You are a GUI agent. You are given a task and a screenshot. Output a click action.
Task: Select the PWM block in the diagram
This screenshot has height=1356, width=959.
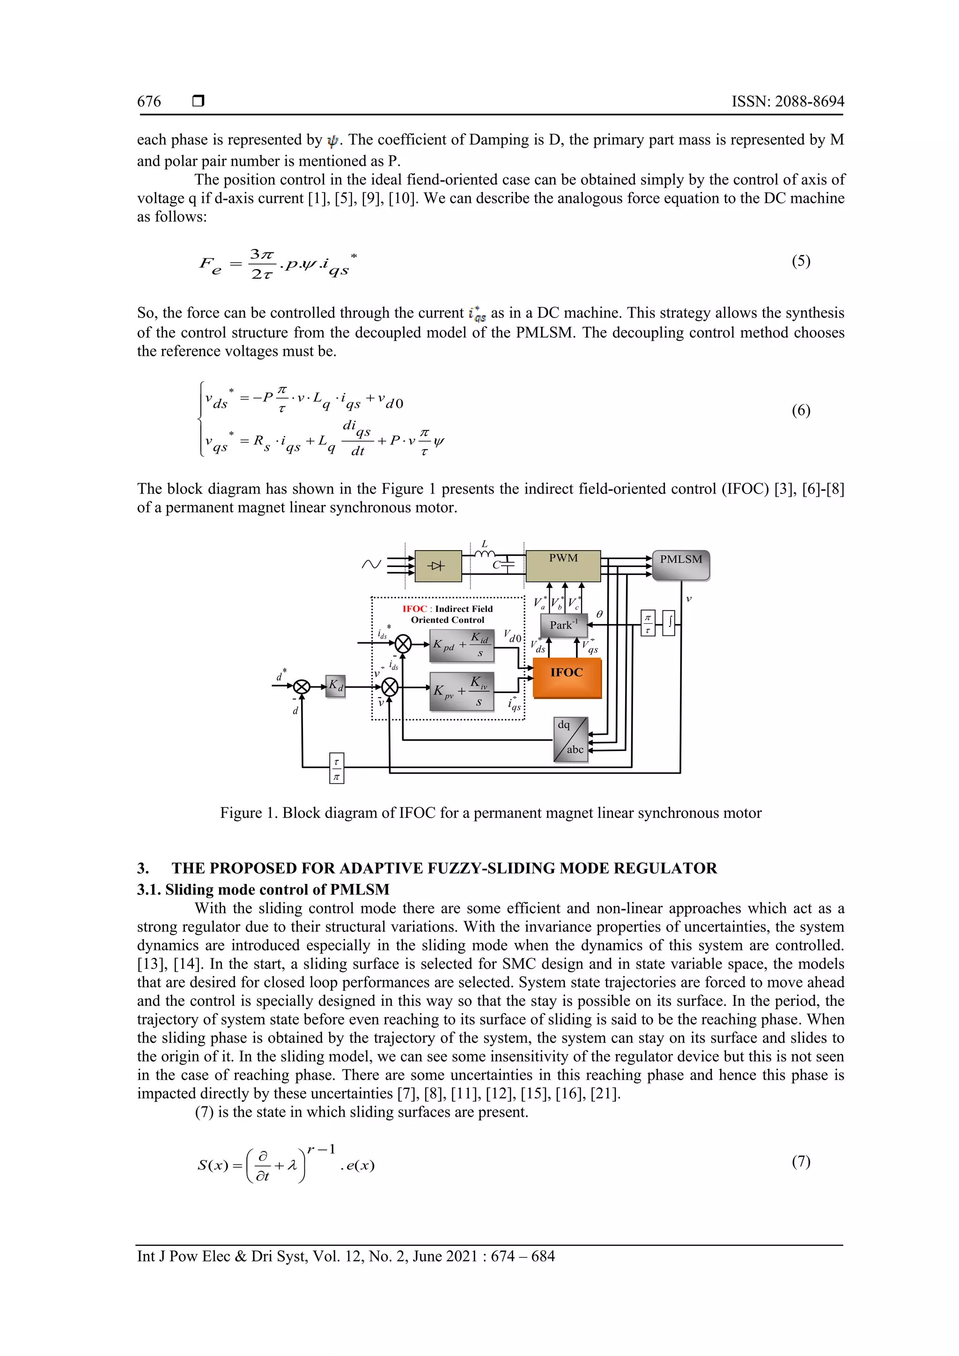point(563,566)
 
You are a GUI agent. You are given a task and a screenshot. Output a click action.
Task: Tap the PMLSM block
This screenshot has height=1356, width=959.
point(681,565)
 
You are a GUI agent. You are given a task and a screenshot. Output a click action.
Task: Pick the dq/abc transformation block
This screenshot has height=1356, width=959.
point(571,739)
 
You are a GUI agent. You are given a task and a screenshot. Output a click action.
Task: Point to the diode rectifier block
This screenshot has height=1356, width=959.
point(438,566)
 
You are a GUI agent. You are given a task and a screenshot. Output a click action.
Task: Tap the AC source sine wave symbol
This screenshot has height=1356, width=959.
point(371,565)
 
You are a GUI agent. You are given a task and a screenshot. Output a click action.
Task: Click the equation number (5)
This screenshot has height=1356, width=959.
point(801,261)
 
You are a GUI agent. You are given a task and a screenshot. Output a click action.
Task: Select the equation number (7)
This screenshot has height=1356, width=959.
point(801,1162)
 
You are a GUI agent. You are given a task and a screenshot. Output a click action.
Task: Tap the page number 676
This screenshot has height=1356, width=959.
point(149,102)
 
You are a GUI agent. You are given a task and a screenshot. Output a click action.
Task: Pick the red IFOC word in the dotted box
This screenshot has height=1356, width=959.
point(414,609)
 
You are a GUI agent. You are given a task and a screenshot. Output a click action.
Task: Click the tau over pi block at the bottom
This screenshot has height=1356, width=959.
point(337,768)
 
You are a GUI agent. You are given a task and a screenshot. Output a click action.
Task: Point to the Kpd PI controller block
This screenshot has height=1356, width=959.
point(461,646)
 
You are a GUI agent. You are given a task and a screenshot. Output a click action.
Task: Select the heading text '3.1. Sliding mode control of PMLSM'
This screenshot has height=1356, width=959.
point(263,890)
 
